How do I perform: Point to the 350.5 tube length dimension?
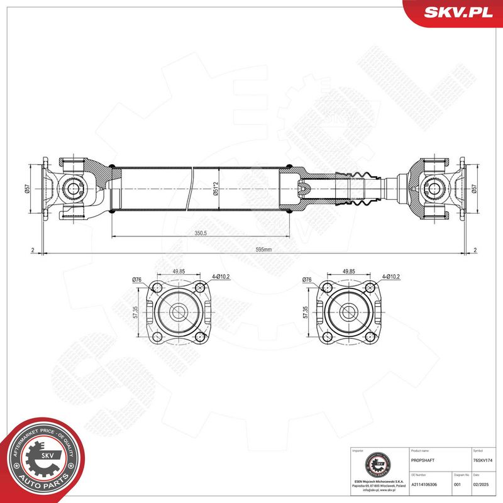tap(201, 233)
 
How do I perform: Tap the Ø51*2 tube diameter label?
tap(215, 188)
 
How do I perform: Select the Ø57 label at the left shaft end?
tap(27, 188)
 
